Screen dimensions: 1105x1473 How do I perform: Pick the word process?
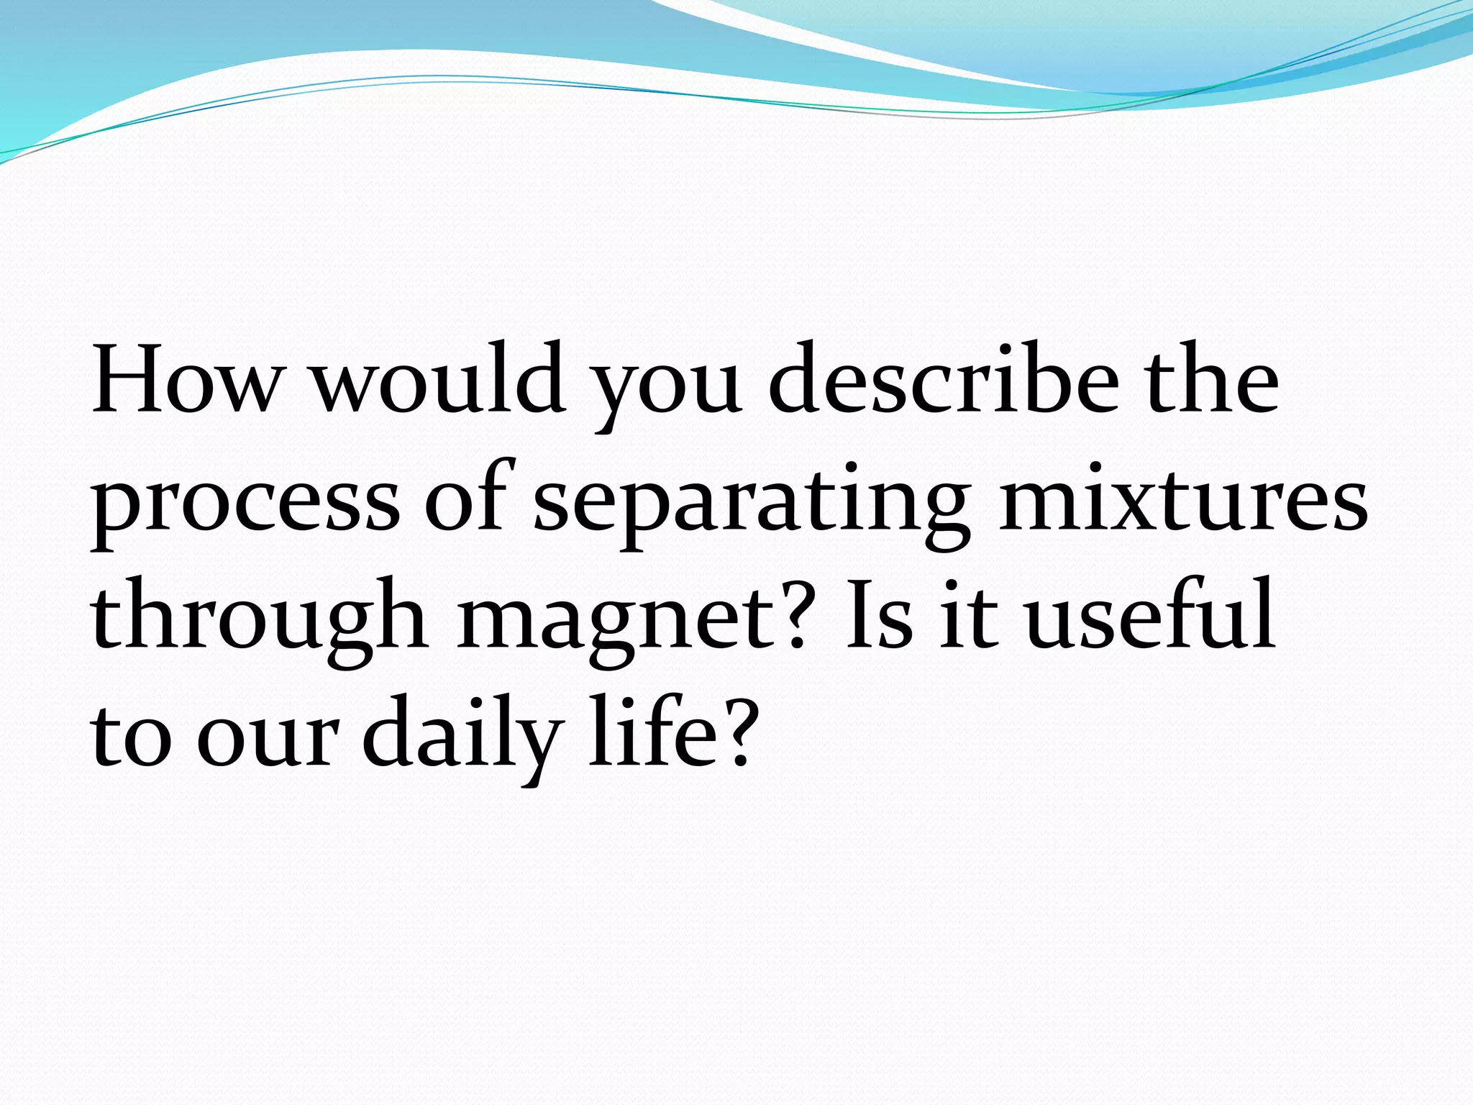pos(245,504)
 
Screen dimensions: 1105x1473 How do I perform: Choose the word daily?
pos(461,737)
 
